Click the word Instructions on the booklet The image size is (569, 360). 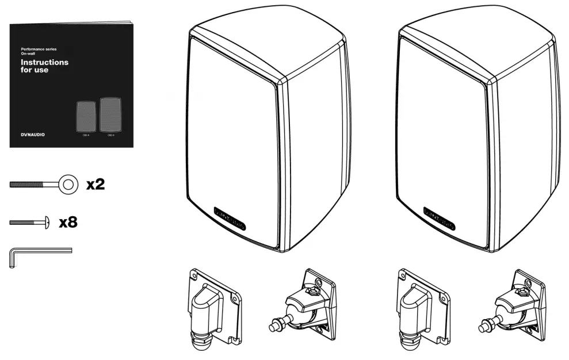tap(44, 62)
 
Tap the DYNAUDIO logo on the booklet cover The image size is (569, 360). tap(32, 134)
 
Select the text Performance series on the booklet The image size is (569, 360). tap(38, 49)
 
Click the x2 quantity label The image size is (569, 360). tap(95, 185)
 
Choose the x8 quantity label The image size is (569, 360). tap(68, 222)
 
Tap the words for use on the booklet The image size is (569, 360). tap(35, 70)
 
